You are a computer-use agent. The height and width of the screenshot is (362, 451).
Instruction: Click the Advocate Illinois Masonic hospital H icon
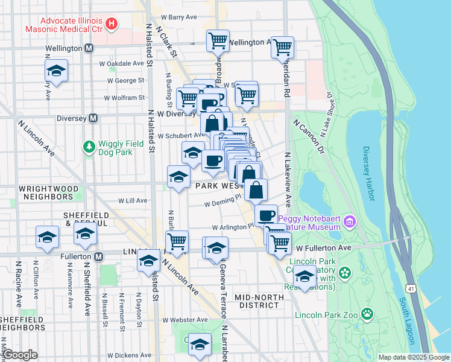tap(111, 24)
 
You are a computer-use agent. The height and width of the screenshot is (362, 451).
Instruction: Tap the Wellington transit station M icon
tap(89, 48)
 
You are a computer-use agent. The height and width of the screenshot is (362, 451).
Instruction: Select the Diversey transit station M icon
tap(93, 118)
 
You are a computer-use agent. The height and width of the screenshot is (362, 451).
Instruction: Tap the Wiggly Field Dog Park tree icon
tap(89, 146)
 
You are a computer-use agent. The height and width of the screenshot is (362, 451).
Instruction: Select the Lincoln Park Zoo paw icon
tap(367, 314)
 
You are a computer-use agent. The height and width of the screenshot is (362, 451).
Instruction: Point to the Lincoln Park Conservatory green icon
tap(344, 274)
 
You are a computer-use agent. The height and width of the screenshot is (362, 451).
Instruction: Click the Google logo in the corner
tap(20, 355)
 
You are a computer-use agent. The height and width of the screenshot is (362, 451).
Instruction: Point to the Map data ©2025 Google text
tap(414, 357)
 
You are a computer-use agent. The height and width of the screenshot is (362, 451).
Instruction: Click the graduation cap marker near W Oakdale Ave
tap(56, 71)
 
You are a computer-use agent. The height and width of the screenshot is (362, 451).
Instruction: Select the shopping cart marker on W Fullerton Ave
tap(280, 243)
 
